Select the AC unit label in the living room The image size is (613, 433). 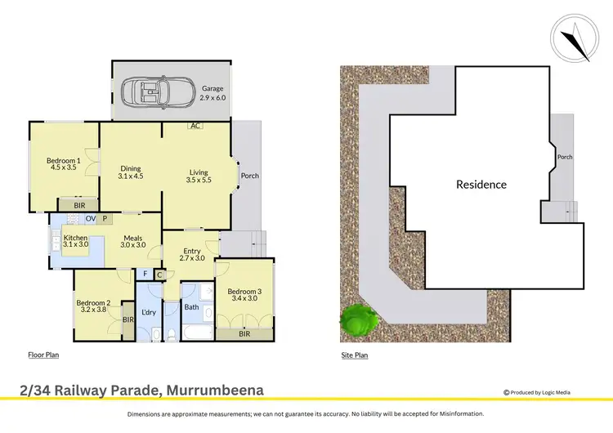195,126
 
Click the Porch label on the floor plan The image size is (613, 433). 249,175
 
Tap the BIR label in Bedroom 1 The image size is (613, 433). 78,206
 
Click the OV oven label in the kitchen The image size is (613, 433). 91,219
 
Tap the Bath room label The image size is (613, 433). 191,308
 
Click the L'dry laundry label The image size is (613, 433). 149,312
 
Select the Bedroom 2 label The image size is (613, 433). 92,307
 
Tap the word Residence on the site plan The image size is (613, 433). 481,185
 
